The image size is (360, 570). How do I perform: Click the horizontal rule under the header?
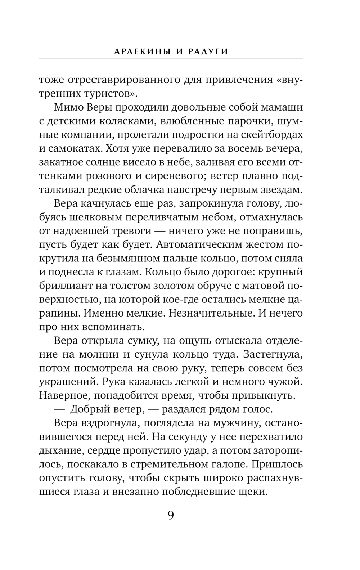171,58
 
